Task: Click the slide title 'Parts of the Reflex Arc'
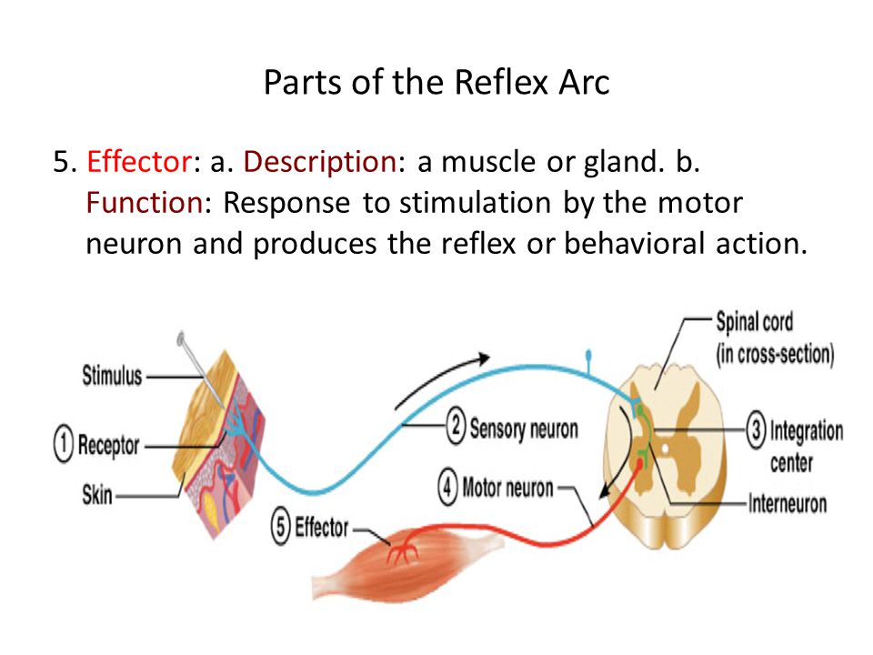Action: coord(436,83)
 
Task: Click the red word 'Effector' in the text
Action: coord(139,162)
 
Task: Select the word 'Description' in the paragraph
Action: coord(320,163)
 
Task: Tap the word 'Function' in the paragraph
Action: coord(145,203)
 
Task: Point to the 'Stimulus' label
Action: coord(112,376)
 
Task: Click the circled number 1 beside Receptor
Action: coord(64,444)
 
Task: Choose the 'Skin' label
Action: coord(97,495)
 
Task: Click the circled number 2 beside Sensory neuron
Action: coord(456,427)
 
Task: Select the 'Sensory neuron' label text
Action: coord(524,428)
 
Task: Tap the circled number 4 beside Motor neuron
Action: coord(448,487)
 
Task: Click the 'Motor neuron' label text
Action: coord(507,488)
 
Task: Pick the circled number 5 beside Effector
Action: coord(281,527)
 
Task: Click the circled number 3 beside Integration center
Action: coord(756,430)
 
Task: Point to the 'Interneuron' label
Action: coord(788,503)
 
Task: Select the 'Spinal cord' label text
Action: coord(755,322)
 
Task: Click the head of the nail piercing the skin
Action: coord(180,338)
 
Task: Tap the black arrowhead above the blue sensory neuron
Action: coord(483,358)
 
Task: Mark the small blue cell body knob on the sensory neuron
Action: coord(588,354)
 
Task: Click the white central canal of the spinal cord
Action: coord(664,447)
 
